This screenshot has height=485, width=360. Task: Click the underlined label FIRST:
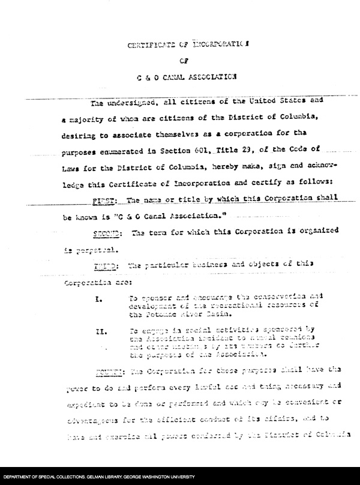point(103,198)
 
